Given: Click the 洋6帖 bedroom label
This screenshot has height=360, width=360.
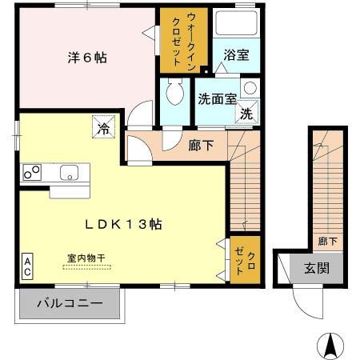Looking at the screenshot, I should coord(87,58).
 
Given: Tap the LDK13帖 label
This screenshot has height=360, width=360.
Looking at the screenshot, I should coord(124,225).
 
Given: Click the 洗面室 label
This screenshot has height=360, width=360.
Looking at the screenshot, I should coord(217,100).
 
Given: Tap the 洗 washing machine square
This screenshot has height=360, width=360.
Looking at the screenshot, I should coord(248,114).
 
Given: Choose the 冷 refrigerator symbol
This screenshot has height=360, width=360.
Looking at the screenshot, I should coord(104,126).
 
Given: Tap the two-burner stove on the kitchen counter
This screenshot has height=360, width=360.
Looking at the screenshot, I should coord(34,171).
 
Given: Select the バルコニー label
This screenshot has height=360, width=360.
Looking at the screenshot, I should coord(70,304).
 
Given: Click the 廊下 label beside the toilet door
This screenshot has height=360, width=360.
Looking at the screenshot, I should coord(199,146).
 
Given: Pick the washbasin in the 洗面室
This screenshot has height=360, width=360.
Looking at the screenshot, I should coord(250,88).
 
